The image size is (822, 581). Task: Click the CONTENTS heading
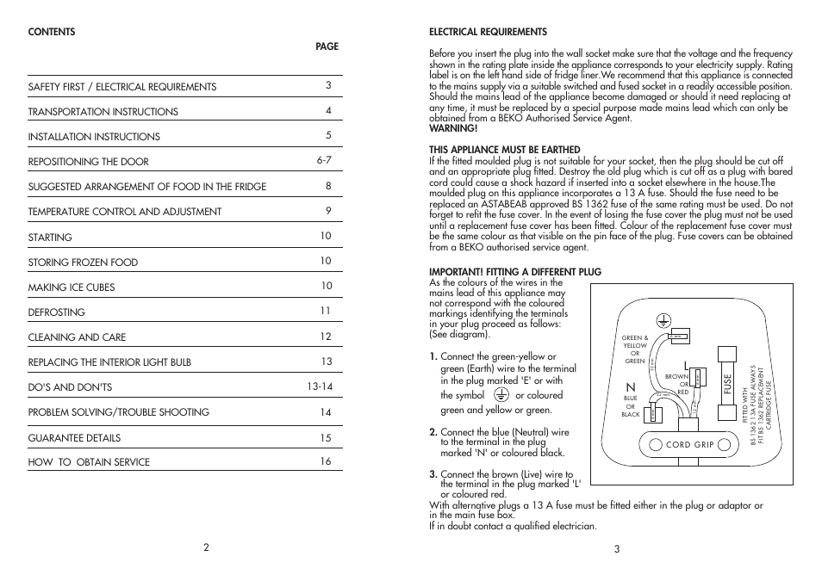52,33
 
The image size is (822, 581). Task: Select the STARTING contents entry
50,238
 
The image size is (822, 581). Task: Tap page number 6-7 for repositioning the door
324,160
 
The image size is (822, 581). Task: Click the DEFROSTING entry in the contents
56,312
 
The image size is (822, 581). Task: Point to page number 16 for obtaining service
325,461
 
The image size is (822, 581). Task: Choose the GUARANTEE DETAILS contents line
74,437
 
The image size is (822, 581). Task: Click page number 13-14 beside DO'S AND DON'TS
320,386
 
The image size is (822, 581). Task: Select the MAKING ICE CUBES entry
71,287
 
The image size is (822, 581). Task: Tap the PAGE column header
327,47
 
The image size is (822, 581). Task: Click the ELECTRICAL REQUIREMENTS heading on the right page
488,33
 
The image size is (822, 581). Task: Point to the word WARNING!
452,128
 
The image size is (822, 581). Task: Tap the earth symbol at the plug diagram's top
663,320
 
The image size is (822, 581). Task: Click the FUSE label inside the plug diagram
727,384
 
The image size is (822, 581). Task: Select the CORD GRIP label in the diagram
678,445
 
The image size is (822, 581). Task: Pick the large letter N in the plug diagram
630,387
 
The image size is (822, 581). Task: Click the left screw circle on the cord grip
632,445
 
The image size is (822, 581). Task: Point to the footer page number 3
617,549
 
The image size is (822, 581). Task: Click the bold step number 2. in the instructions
433,432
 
